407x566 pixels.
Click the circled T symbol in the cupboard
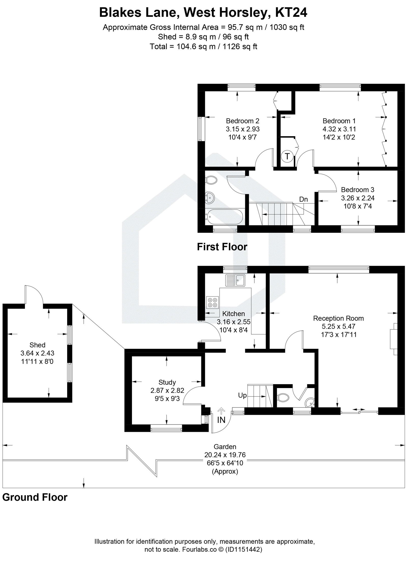[x=287, y=156]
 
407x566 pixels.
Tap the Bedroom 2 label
[x=242, y=121]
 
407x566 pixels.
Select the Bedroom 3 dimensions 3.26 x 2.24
[x=358, y=198]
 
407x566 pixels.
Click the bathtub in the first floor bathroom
[x=224, y=216]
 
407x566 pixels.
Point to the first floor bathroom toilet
[x=211, y=180]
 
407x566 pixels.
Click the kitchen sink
[x=235, y=280]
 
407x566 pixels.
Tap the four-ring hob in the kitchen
[x=213, y=302]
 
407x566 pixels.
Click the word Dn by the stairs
[x=303, y=199]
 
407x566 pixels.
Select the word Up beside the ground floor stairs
[x=242, y=395]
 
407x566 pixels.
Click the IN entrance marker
[x=221, y=420]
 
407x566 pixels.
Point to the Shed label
[x=37, y=345]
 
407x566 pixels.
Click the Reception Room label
[x=338, y=318]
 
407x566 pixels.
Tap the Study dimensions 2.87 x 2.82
[x=167, y=391]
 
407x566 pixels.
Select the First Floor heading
[x=222, y=247]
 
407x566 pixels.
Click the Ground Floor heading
[x=35, y=497]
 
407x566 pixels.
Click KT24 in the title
[x=291, y=12]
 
